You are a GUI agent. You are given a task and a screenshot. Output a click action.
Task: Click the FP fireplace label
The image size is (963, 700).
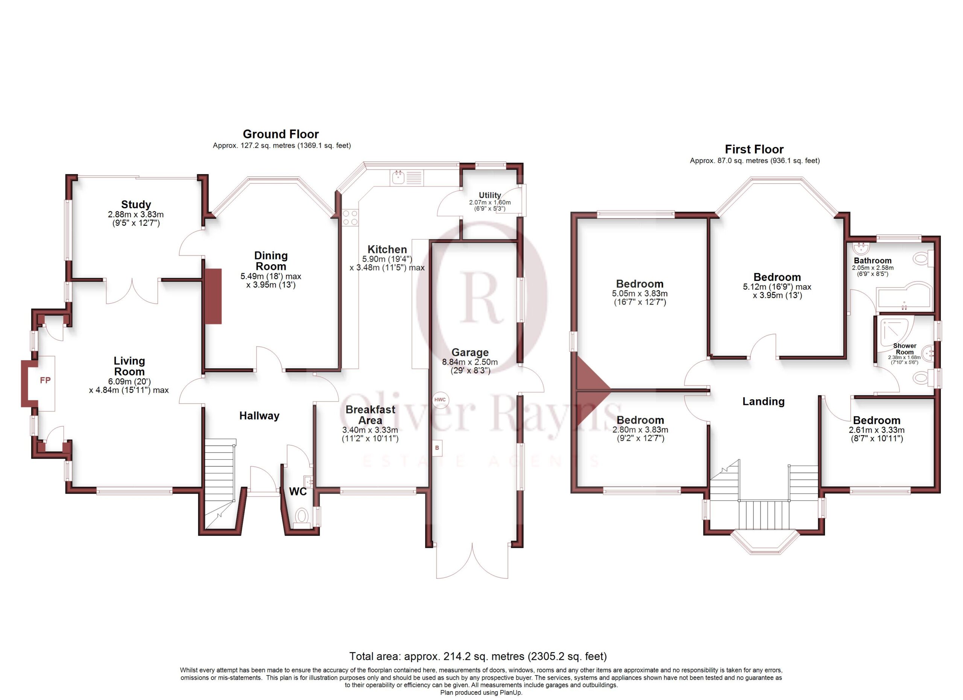pos(45,380)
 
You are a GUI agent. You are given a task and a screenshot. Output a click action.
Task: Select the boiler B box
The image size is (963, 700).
pos(437,448)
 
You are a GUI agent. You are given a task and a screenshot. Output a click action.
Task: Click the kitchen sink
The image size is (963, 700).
pos(407,178)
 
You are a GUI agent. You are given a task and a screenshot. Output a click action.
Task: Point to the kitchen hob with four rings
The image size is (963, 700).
pos(350,218)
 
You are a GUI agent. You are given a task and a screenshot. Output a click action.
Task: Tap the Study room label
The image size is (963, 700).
pos(136,205)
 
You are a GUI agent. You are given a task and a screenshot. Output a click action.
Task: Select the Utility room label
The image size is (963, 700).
pos(490,195)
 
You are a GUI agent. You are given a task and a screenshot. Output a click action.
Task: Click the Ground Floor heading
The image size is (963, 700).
pos(281,134)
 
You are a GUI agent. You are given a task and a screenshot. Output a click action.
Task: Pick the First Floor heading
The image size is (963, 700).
pos(754,149)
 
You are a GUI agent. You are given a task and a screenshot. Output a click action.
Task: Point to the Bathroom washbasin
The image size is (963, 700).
pos(861,247)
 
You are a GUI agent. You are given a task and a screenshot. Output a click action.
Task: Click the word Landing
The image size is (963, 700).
pos(763,402)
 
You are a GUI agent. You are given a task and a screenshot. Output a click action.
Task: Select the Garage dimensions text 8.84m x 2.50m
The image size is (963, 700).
pos(469,362)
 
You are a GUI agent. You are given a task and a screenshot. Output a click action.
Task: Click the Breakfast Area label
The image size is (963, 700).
pos(370,415)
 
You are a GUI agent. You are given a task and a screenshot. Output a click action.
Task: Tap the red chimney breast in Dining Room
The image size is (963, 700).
pos(213,296)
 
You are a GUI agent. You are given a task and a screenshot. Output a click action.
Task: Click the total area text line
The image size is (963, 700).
pos(478,656)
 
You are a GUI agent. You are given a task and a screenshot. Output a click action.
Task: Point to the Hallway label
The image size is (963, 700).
pos(259,416)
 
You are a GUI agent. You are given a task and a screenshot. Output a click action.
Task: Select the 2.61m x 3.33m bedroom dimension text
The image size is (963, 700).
pos(876,430)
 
